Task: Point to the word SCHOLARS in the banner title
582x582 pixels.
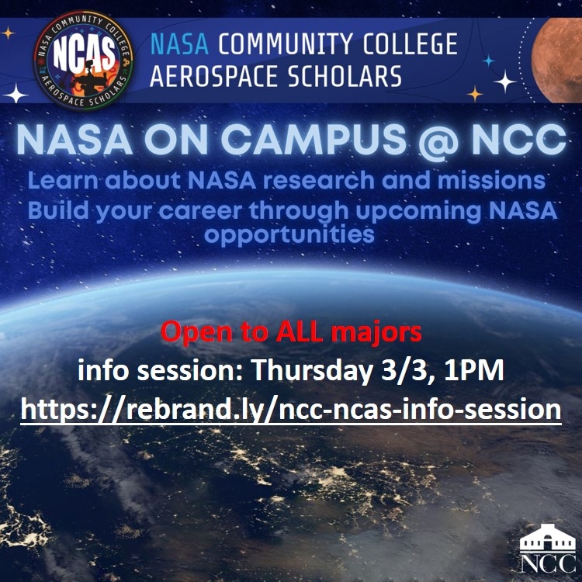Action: [355, 76]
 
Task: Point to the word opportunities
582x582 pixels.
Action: [290, 234]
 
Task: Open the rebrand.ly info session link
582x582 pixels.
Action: [291, 409]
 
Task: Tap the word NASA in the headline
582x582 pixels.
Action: [66, 140]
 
